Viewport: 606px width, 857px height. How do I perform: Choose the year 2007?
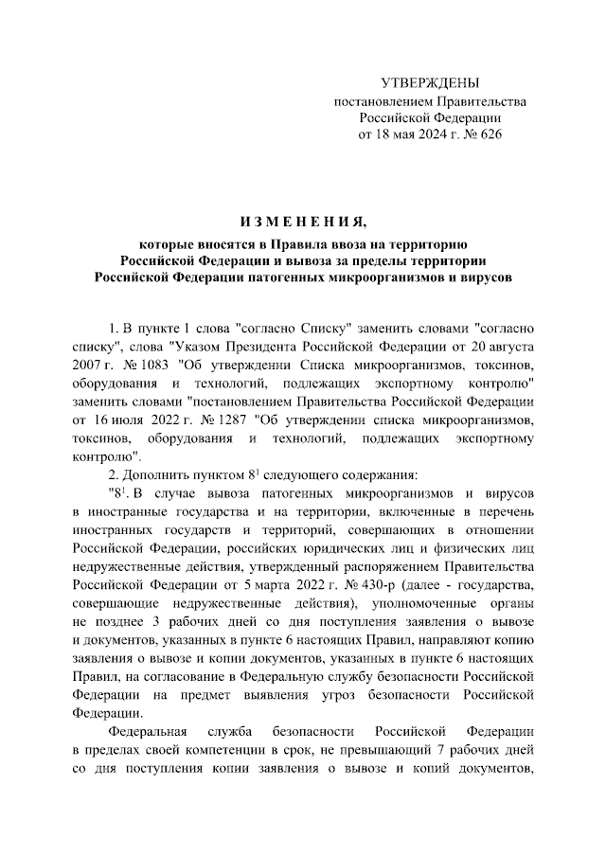point(87,364)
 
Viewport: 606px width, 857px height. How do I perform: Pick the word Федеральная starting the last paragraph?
point(149,732)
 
